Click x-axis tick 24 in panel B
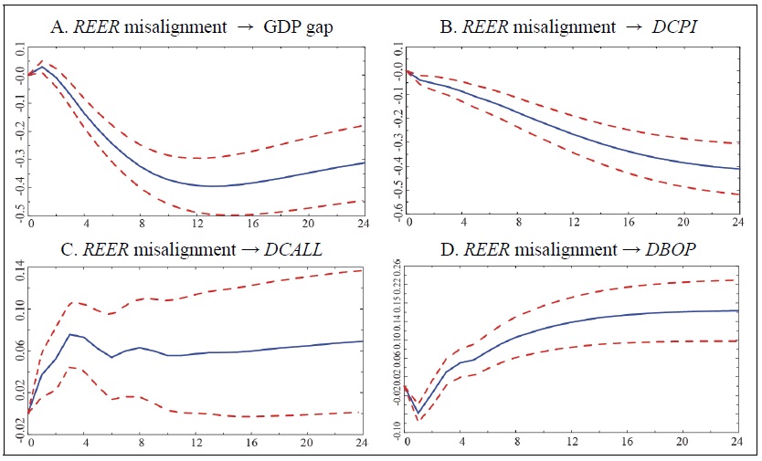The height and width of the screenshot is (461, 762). [x=737, y=224]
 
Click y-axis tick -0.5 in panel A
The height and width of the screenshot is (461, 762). [x=19, y=213]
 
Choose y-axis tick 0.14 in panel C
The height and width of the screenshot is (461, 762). [x=19, y=270]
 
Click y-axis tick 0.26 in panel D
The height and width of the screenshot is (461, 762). [x=397, y=267]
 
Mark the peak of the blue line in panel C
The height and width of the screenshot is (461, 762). [x=70, y=334]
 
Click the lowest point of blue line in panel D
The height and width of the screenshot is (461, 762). [x=418, y=413]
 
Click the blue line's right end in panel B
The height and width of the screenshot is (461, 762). [x=737, y=169]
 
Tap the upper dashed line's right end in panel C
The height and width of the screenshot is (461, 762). [x=362, y=270]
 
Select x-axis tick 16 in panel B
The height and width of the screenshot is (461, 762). [x=627, y=224]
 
